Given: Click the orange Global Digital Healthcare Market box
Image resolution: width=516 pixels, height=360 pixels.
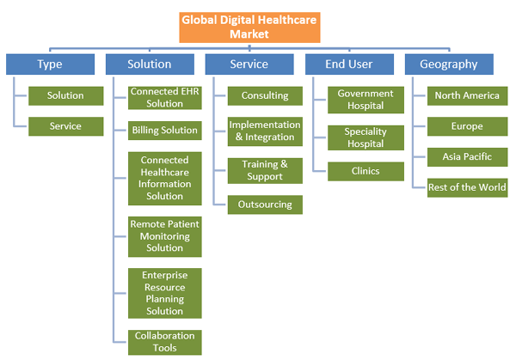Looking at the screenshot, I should click(x=249, y=27).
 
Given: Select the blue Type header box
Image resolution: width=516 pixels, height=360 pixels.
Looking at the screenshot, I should click(x=49, y=64).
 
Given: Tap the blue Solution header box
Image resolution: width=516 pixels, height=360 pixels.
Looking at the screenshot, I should click(x=149, y=64).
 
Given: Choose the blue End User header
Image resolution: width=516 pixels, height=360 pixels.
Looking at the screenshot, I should click(x=347, y=64).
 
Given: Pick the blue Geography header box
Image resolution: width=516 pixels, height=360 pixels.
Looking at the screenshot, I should click(x=447, y=64).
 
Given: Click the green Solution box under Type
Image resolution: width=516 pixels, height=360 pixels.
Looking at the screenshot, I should click(x=65, y=95).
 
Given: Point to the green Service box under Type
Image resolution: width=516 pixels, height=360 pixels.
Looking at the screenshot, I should click(x=65, y=126).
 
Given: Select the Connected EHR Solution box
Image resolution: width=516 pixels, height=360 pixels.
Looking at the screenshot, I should click(x=164, y=98).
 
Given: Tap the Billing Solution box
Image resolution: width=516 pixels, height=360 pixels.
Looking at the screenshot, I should click(x=164, y=131).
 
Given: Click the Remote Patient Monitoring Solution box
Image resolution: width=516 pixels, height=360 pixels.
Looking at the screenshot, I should click(x=164, y=236).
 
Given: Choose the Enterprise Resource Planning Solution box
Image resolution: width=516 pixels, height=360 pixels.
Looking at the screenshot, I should click(x=164, y=293).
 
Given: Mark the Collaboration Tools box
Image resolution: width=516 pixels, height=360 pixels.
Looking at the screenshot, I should click(x=164, y=342).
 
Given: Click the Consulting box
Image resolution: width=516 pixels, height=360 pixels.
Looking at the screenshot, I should click(x=265, y=95).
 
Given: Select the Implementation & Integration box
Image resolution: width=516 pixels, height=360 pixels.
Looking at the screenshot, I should click(x=265, y=131).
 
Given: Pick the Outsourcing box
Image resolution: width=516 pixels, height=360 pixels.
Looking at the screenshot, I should click(x=265, y=204).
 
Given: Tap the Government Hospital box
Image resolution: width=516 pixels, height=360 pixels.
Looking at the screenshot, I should click(x=365, y=100).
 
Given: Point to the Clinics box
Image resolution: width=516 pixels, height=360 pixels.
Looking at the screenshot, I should click(x=365, y=170).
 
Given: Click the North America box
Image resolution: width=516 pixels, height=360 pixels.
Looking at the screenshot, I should click(x=467, y=95).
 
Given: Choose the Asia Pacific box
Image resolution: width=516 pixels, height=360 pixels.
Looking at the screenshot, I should click(x=467, y=157).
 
